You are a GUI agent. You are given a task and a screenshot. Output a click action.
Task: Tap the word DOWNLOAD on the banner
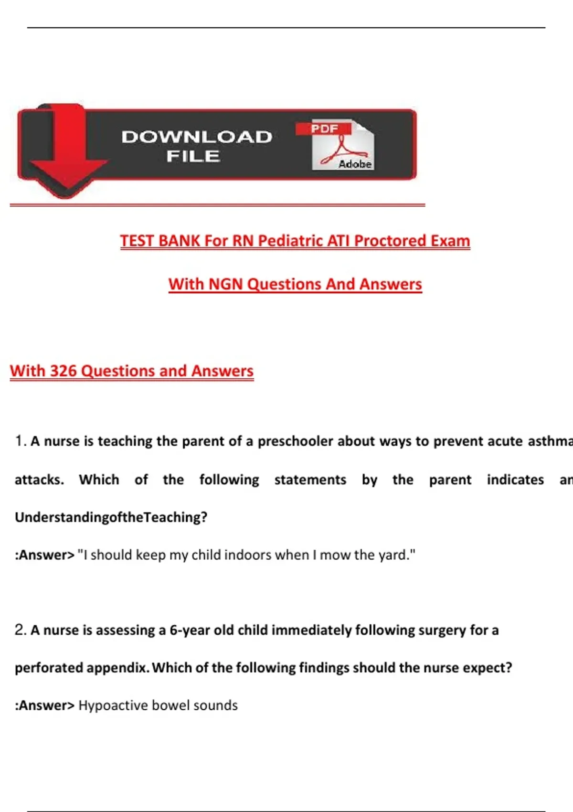197,137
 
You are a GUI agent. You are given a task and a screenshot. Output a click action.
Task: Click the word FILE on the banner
193,156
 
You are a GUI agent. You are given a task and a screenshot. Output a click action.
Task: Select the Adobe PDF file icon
343,146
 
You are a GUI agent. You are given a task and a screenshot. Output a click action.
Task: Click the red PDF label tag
324,128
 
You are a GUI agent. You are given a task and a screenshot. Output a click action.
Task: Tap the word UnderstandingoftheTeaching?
111,517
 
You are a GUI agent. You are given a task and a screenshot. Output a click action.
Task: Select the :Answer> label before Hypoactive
45,705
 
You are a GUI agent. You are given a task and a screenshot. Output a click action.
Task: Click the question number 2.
20,630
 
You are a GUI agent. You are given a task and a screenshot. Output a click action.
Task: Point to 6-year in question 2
190,630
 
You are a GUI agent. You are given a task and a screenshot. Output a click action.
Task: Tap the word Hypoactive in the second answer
113,705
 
